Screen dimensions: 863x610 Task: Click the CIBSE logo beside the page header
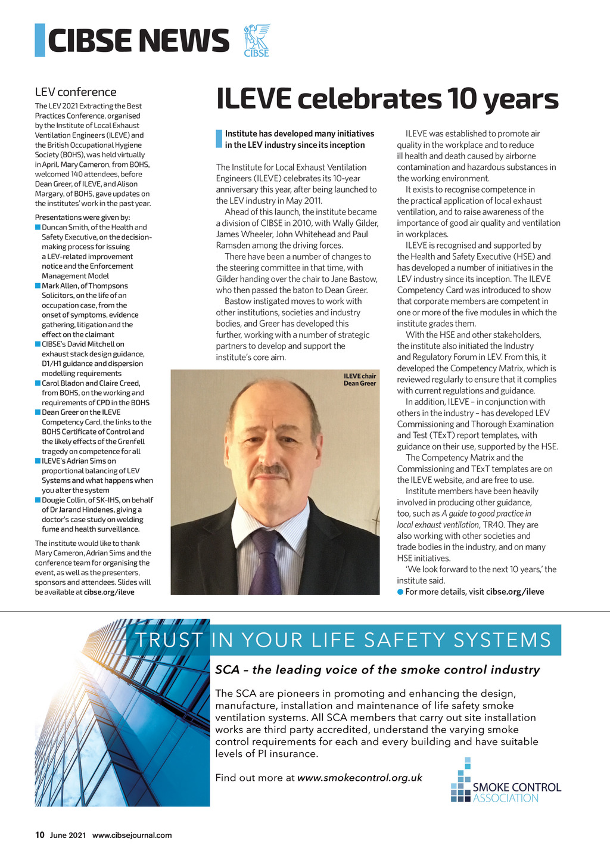(x=257, y=40)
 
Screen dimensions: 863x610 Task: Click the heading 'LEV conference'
(x=76, y=92)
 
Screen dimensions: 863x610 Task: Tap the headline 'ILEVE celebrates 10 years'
(x=387, y=99)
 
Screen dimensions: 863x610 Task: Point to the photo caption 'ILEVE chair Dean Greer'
(x=360, y=380)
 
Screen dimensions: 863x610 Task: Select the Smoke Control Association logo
(x=506, y=781)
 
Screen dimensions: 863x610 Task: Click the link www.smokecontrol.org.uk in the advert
(x=360, y=778)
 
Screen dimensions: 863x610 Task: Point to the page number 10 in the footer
(x=40, y=835)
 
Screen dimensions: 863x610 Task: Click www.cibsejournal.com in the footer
(x=132, y=835)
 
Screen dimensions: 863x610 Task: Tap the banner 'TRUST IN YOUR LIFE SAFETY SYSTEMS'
(x=343, y=640)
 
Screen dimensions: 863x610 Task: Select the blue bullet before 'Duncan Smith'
(x=38, y=227)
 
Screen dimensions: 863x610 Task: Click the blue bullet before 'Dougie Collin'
(x=38, y=500)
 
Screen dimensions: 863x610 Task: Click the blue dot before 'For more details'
(x=400, y=592)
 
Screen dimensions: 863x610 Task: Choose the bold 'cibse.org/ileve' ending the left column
(x=109, y=592)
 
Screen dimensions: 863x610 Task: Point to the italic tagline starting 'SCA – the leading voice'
(x=377, y=670)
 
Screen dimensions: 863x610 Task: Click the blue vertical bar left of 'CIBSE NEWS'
(x=40, y=40)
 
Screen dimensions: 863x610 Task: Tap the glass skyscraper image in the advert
(x=122, y=715)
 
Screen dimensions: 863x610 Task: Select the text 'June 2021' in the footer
(x=68, y=835)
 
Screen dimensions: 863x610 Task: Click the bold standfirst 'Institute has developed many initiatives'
(x=299, y=139)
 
